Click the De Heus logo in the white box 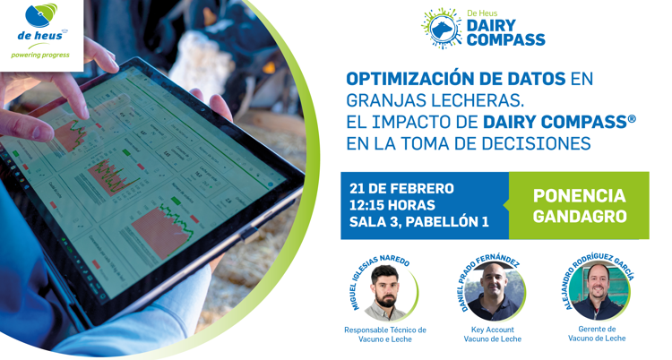tap(40, 30)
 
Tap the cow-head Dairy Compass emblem tap(442, 29)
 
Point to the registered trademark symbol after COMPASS tap(632, 119)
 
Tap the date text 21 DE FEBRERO tap(401, 189)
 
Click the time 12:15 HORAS tap(392, 205)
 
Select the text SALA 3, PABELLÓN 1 tap(419, 222)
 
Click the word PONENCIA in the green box tap(580, 196)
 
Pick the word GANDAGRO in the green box tap(580, 216)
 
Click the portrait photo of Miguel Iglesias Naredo tap(385, 293)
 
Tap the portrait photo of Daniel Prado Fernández tap(494, 292)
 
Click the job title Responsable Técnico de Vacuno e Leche tap(385, 335)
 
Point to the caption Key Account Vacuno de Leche tap(493, 334)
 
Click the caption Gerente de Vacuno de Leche tap(597, 334)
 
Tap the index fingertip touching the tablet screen tap(82, 112)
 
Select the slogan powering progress tap(40, 55)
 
